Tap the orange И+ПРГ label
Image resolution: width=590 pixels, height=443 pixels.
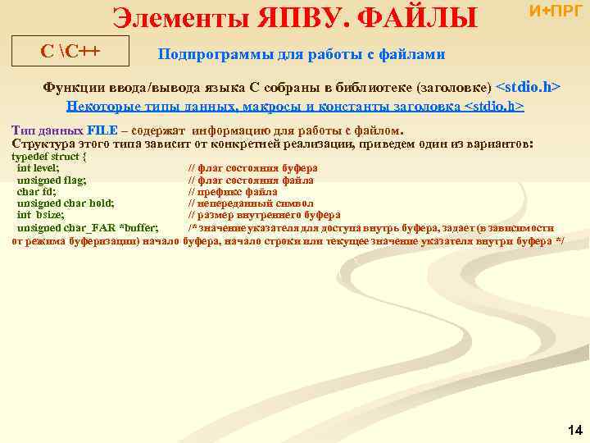click(556, 11)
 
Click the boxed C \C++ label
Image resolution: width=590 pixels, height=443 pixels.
click(70, 52)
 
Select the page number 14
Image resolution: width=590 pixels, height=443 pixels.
click(574, 430)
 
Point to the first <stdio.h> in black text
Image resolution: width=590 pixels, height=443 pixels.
click(533, 87)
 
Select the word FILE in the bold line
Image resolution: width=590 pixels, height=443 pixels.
click(102, 130)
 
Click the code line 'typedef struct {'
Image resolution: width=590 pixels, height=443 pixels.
click(48, 155)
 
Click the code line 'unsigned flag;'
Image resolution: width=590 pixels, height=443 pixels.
click(52, 180)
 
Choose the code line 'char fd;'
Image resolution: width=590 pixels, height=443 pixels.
click(36, 191)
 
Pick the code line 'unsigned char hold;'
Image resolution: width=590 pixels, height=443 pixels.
click(65, 203)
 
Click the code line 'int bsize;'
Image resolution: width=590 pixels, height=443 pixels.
click(40, 215)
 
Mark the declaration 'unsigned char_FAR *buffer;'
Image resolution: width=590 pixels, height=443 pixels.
click(88, 227)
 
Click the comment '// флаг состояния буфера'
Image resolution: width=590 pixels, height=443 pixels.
click(252, 167)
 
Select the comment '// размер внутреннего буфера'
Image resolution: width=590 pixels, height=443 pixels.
click(264, 215)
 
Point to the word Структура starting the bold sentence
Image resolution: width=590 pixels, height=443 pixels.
click(43, 143)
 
